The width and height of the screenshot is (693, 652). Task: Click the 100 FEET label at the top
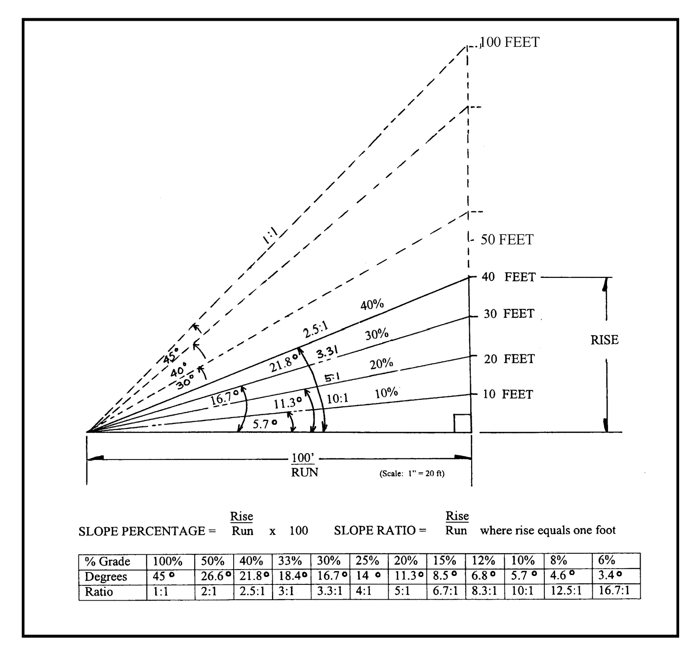510,42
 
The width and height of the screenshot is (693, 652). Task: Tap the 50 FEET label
507,240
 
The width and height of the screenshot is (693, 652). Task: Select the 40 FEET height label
508,277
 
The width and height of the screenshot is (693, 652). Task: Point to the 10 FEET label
508,394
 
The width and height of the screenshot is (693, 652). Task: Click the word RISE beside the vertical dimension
604,340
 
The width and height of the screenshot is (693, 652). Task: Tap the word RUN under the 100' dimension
304,472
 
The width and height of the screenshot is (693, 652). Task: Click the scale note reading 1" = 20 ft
411,474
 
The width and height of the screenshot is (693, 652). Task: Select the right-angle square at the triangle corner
462,423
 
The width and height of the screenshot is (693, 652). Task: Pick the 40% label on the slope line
372,305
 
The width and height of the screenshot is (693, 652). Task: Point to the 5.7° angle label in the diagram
264,423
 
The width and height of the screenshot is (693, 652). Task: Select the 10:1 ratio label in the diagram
338,398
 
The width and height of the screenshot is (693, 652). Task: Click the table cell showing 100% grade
167,561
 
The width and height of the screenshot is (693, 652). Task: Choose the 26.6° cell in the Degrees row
215,576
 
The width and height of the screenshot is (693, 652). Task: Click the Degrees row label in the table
106,576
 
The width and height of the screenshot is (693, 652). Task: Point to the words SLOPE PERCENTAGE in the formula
142,531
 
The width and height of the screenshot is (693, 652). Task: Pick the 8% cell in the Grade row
559,561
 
